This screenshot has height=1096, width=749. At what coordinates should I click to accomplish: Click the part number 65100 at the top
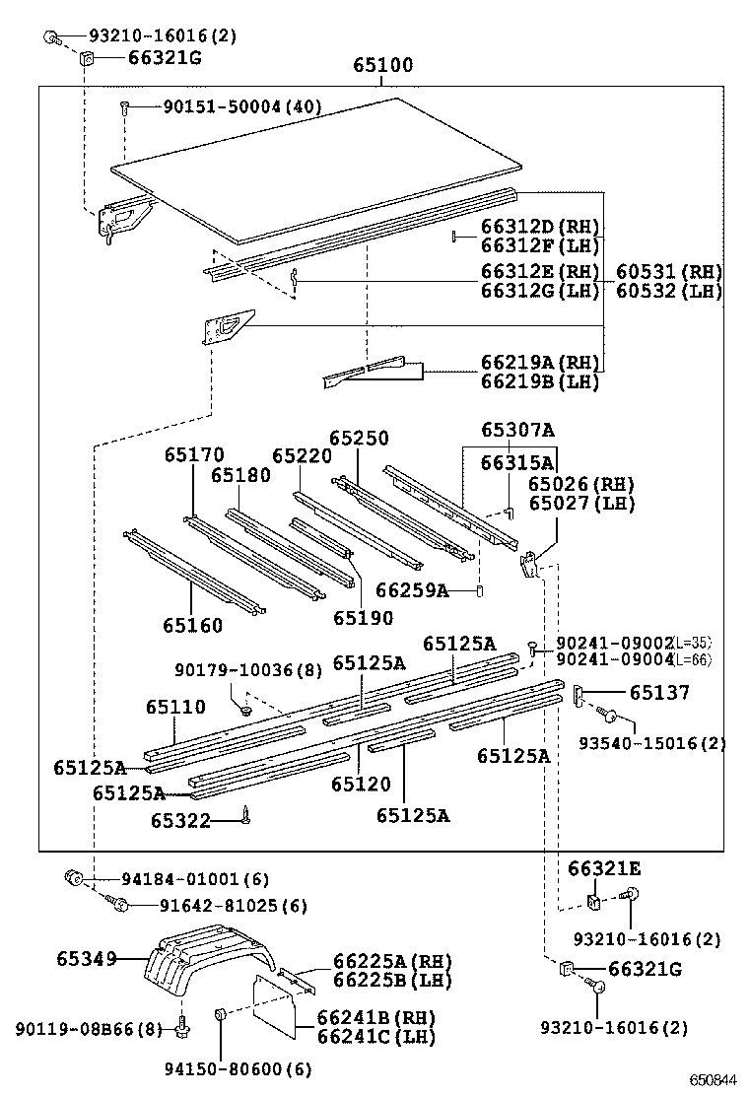(383, 66)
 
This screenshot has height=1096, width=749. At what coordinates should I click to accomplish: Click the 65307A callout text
(517, 430)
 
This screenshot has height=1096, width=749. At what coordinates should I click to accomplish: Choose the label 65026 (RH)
(580, 484)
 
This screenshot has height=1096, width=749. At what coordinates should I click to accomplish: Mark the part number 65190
(363, 618)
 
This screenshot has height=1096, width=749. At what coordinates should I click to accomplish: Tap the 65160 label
(193, 625)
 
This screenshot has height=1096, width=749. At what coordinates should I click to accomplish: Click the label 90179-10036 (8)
(248, 670)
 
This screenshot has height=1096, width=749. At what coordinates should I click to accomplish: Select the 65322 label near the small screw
(180, 820)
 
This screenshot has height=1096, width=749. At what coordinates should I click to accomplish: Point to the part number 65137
(659, 693)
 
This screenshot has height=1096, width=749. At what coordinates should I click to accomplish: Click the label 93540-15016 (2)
(651, 743)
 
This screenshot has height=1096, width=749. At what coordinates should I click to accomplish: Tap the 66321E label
(604, 868)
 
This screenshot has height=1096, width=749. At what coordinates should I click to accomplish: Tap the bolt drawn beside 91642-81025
(119, 905)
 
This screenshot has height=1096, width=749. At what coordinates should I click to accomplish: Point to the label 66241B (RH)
(375, 1017)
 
